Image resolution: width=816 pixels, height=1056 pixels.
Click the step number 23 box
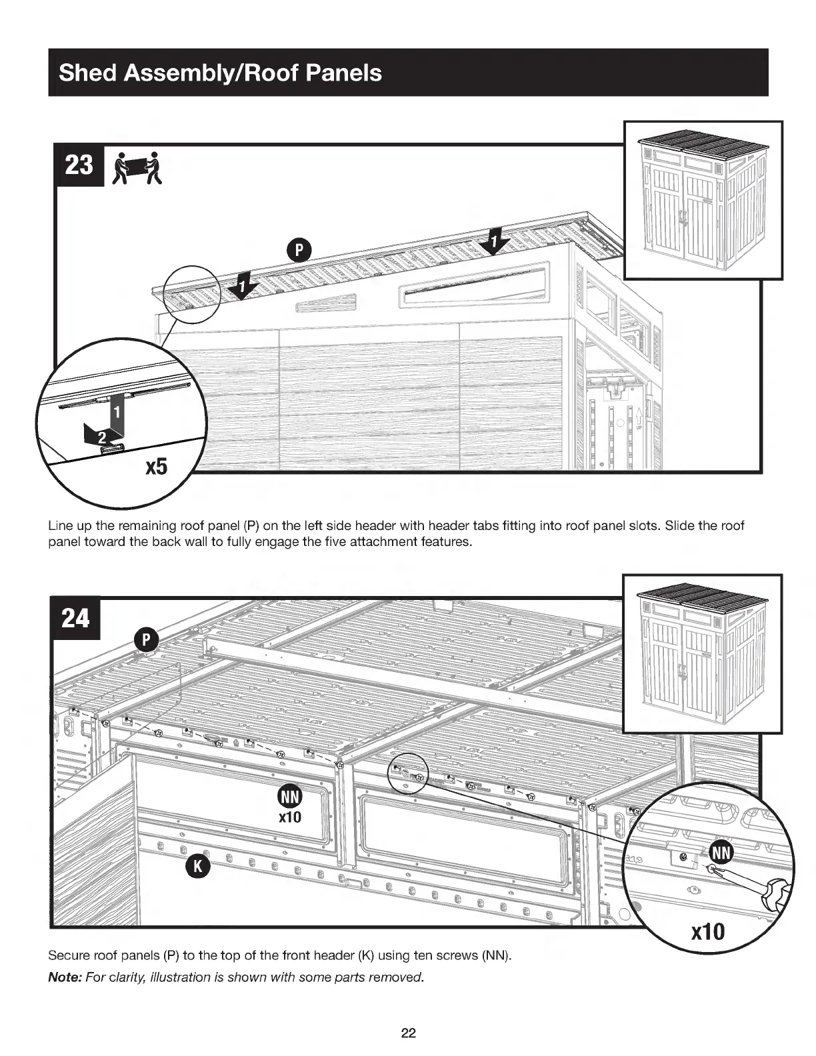tap(78, 165)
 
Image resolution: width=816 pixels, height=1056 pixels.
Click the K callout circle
tap(197, 866)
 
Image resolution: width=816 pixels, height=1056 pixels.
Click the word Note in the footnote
tap(65, 977)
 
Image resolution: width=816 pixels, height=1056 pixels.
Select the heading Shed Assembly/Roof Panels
tap(221, 72)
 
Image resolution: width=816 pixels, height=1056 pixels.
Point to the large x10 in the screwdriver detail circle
tap(707, 931)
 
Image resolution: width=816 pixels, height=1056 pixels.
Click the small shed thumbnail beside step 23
tap(703, 200)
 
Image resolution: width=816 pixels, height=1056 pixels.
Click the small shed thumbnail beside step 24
tap(703, 653)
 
